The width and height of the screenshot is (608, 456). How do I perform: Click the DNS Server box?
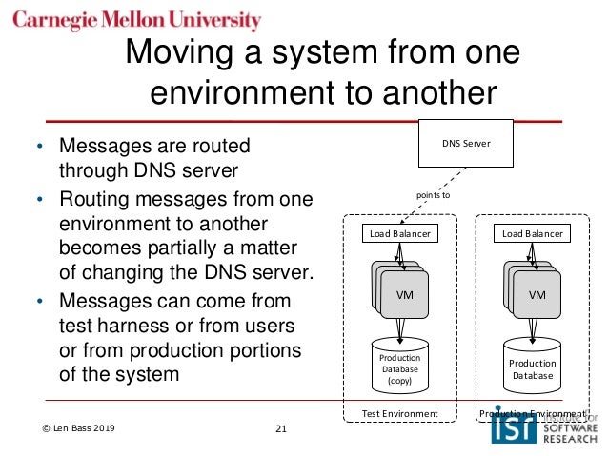[x=466, y=143]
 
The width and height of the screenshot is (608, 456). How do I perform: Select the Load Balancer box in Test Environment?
[x=400, y=232]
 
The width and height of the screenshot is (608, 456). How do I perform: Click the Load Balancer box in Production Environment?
[x=531, y=232]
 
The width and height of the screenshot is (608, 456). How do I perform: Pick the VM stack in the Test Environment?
[x=401, y=290]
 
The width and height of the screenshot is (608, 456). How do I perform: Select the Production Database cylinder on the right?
[x=531, y=367]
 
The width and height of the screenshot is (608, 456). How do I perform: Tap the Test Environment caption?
[x=400, y=414]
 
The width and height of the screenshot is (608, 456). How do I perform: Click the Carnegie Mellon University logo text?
[x=136, y=21]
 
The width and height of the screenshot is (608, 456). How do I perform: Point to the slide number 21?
[x=280, y=429]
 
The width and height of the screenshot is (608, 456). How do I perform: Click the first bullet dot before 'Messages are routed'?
[x=39, y=149]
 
